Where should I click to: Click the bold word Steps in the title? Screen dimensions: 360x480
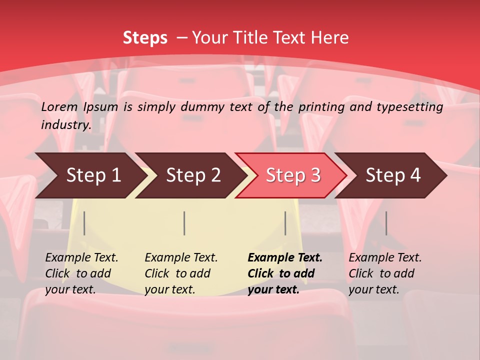click(x=145, y=38)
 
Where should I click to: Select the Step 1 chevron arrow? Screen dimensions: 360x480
click(x=90, y=175)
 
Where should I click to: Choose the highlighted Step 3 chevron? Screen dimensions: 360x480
click(x=292, y=175)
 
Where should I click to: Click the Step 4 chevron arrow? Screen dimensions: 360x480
click(x=392, y=175)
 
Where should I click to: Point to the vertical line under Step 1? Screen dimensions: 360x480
click(x=84, y=223)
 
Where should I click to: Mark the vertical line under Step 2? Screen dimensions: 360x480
click(x=184, y=223)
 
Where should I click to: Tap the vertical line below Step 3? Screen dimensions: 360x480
click(x=285, y=223)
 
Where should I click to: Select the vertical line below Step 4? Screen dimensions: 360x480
click(x=386, y=223)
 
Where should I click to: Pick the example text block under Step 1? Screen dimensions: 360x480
click(x=81, y=273)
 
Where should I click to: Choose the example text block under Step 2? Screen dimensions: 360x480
click(x=181, y=273)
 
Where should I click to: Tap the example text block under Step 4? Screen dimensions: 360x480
click(x=385, y=273)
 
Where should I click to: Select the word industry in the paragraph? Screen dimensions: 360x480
click(x=65, y=125)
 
